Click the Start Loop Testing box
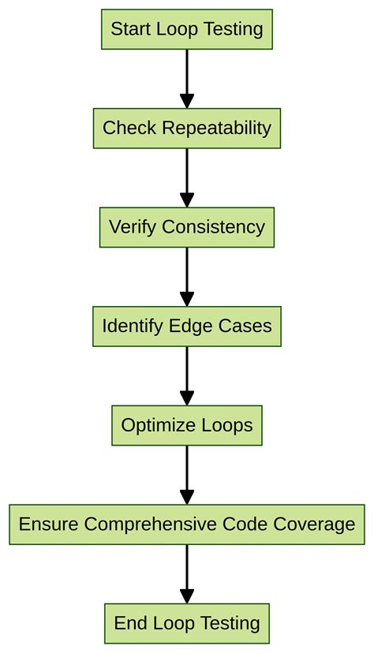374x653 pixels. pos(187,30)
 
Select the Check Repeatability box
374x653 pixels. pos(187,129)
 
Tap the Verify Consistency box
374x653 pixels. pos(187,227)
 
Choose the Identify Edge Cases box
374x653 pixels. pos(187,326)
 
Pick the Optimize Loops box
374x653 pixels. pos(187,426)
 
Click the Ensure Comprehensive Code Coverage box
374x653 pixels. pos(187,524)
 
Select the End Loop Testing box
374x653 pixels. pos(187,623)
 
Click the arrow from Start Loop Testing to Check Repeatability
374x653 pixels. pos(187,79)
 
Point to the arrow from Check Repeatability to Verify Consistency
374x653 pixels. pos(187,177)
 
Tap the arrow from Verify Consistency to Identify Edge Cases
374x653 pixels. pos(187,277)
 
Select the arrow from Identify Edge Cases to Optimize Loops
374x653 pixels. pos(187,376)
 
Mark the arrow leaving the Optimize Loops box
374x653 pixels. pos(187,475)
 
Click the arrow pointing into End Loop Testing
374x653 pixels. pos(187,574)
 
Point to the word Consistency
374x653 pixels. pos(213,227)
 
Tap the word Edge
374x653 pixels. pos(187,326)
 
